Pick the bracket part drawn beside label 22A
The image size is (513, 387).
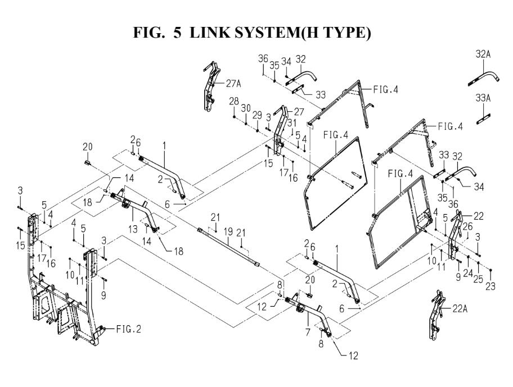[438, 315]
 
